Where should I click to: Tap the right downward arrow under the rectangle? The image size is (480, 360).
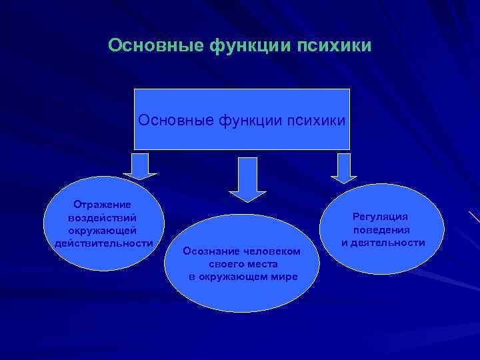coord(344,167)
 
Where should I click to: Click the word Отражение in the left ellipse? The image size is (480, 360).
coord(103,205)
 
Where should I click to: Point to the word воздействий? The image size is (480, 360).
coord(103,217)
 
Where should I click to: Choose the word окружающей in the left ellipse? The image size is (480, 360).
coord(103,230)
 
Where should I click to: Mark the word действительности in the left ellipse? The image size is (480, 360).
coord(103,243)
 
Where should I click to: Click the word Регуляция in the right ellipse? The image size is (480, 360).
coord(383,217)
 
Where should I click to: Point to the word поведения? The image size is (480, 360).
coord(383,230)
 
